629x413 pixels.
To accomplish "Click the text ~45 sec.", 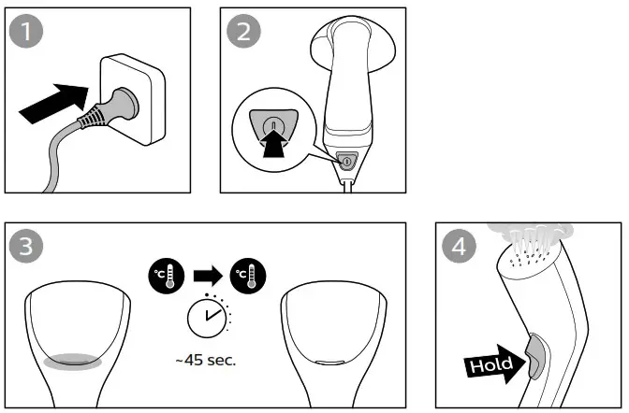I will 205,360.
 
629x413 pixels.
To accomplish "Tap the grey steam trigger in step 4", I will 533,355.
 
